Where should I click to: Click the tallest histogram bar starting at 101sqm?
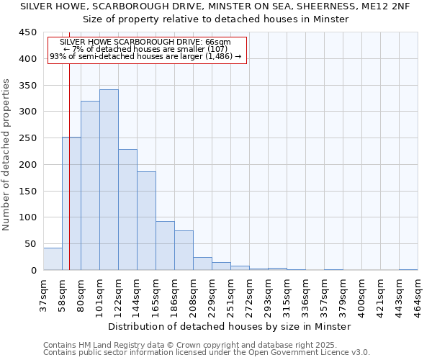[109, 180]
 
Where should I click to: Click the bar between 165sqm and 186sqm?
[165, 246]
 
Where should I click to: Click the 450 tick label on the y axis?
[28, 32]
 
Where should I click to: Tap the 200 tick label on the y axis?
[28, 165]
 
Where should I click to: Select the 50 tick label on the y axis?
[31, 244]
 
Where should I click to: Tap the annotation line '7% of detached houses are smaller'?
[146, 49]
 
